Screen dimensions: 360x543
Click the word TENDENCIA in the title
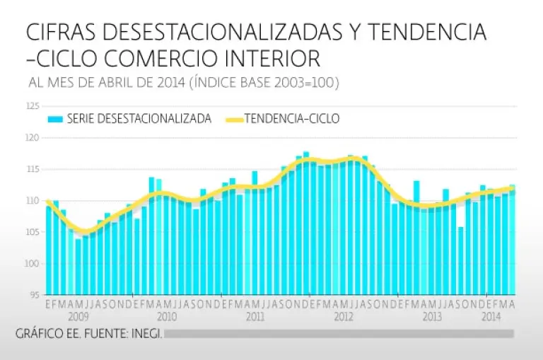[x=427, y=32]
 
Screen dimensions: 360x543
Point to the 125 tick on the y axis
[x=33, y=106]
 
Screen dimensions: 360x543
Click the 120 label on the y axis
[x=33, y=138]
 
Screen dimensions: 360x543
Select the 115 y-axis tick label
[x=33, y=169]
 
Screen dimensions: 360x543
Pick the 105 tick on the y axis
[x=33, y=232]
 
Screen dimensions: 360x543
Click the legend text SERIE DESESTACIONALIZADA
[x=139, y=119]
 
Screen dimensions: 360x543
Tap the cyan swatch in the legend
[x=56, y=119]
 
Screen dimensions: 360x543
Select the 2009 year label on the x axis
[x=78, y=317]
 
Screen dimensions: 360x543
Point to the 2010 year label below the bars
[x=167, y=317]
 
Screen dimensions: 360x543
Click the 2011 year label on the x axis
[x=255, y=317]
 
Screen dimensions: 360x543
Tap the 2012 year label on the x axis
[x=344, y=317]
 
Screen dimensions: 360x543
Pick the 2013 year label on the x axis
[x=432, y=317]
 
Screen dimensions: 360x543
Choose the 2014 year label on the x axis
[x=491, y=317]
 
